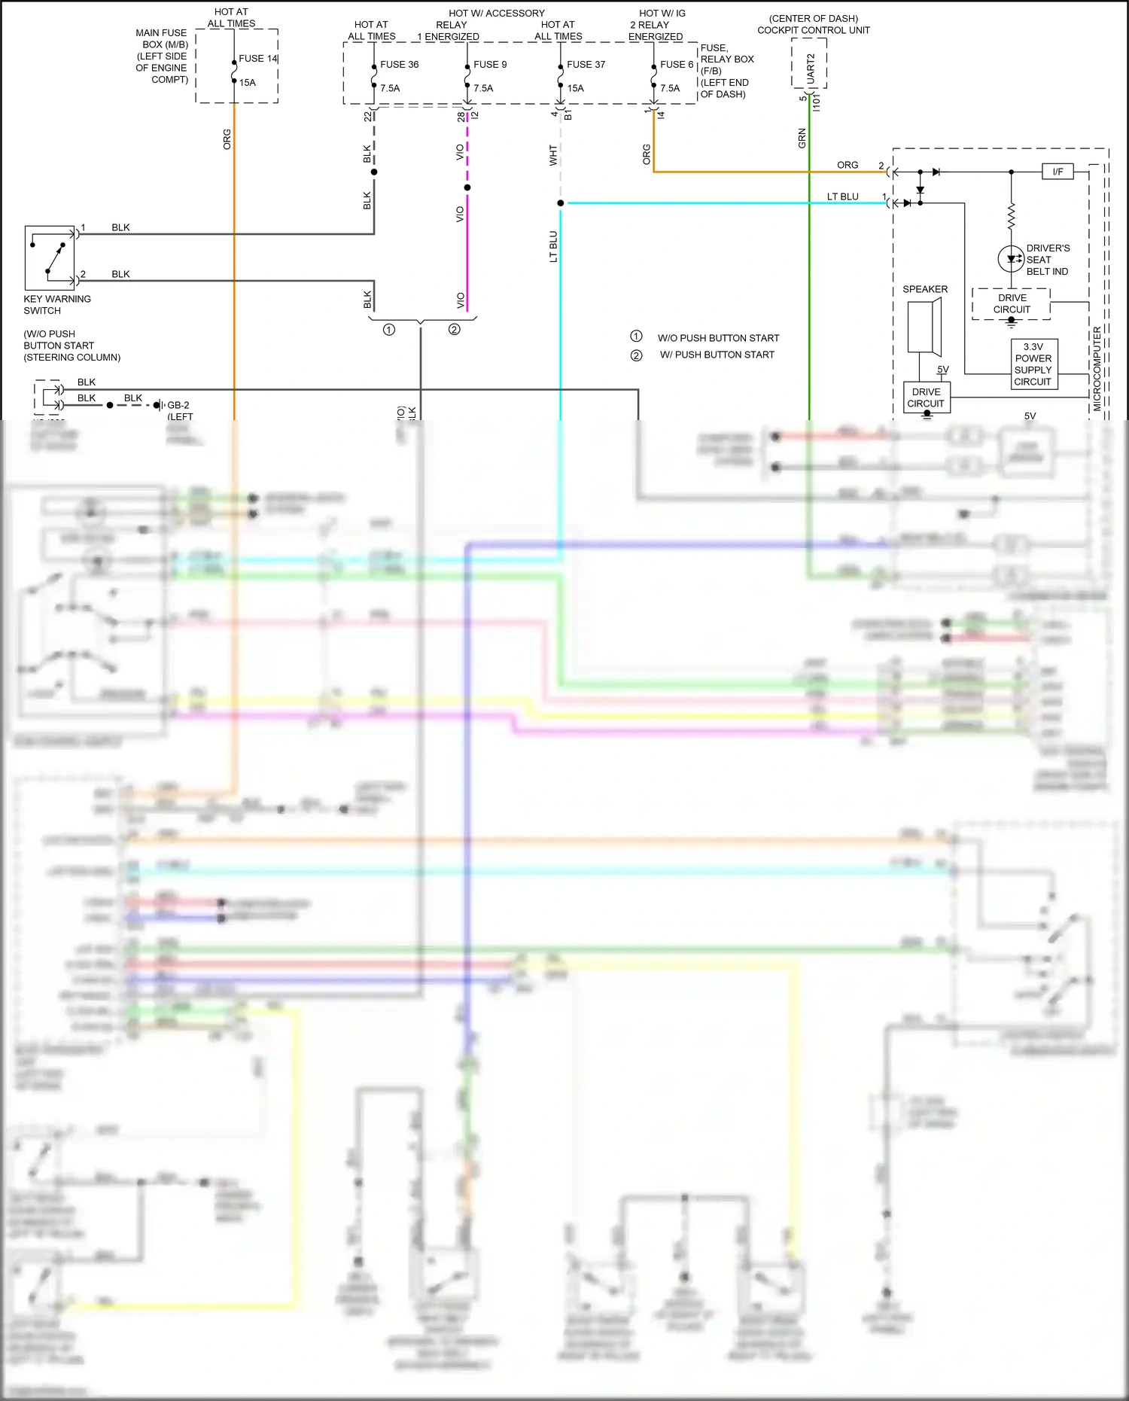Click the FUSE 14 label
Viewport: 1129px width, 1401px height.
click(257, 59)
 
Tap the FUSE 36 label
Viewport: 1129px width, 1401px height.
click(399, 65)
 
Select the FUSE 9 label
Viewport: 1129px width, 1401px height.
click(490, 65)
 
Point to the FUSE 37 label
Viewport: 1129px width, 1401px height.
click(586, 65)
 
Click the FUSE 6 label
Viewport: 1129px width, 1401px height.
click(676, 65)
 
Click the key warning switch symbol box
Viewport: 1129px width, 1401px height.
click(50, 257)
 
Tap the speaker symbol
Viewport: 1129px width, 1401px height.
click(924, 327)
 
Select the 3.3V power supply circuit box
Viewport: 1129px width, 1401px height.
click(1033, 364)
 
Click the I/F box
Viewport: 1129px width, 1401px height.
click(1057, 172)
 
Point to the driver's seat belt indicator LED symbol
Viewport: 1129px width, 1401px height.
click(1010, 259)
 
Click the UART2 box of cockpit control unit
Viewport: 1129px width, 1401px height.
click(810, 69)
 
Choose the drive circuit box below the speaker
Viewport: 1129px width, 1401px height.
click(926, 397)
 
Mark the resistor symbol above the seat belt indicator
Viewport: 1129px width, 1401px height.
click(1011, 216)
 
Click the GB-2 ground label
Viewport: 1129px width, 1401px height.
click(178, 405)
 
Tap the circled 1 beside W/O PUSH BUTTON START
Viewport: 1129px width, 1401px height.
click(636, 337)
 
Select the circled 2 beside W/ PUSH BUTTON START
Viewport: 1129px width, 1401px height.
click(636, 355)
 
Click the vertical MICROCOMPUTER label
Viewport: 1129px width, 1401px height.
click(1097, 369)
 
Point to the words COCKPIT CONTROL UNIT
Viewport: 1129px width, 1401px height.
click(813, 31)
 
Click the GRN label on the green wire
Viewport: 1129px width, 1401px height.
click(802, 138)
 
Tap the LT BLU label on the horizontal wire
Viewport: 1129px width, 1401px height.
click(842, 196)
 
